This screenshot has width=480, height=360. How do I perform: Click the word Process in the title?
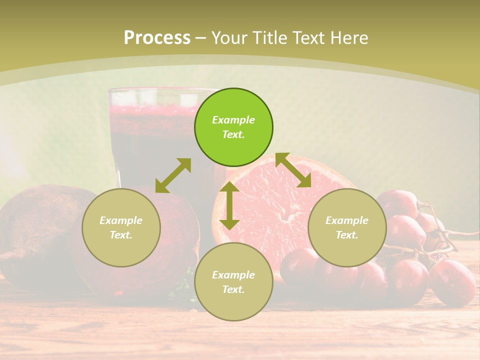pyautogui.click(x=157, y=38)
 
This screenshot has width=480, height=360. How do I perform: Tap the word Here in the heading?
pyautogui.click(x=348, y=38)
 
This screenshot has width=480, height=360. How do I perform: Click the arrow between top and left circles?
pyautogui.click(x=173, y=175)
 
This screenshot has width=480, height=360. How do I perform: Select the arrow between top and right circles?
pyautogui.click(x=293, y=170)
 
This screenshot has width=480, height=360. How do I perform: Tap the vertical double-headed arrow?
pyautogui.click(x=229, y=205)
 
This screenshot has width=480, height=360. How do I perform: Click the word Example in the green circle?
pyautogui.click(x=233, y=120)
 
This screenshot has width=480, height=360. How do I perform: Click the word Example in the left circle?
pyautogui.click(x=121, y=220)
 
